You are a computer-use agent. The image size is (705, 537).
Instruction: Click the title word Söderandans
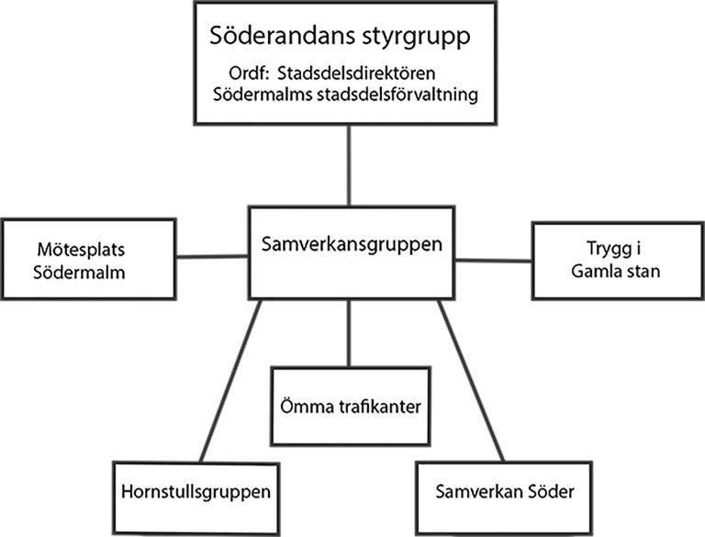coord(277,35)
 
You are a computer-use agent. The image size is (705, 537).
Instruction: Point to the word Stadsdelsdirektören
coord(356,73)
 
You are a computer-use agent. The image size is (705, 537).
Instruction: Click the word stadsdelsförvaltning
coord(397,95)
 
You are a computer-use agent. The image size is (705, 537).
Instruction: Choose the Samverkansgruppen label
coord(352,244)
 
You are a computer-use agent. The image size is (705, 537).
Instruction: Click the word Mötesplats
coord(81,250)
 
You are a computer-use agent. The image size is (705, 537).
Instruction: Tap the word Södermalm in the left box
coord(79,273)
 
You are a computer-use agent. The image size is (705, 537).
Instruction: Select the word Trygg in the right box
coord(609,249)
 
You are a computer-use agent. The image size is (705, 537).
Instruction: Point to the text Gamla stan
coord(616,271)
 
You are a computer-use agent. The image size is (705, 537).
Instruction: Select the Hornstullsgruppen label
coord(196,492)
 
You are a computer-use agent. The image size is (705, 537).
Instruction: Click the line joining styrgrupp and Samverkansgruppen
coord(349,165)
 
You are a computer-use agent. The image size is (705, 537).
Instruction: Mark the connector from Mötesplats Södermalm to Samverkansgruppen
coord(212,257)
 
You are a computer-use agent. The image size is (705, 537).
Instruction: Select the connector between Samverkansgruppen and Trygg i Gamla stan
coord(493,261)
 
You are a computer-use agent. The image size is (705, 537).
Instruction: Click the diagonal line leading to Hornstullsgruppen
coord(230,381)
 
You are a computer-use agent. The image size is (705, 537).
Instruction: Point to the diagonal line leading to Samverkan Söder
coord(471,381)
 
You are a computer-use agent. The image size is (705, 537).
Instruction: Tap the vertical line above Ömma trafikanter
coord(349,333)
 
